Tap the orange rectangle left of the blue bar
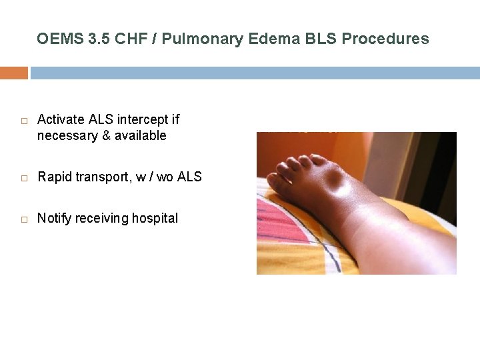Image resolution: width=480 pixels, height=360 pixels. [13, 73]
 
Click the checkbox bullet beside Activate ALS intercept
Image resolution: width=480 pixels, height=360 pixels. [23, 121]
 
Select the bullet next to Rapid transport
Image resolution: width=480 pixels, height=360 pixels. [23, 178]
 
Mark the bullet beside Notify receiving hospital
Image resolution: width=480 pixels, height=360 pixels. [23, 219]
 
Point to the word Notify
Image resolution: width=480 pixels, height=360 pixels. [54, 219]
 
